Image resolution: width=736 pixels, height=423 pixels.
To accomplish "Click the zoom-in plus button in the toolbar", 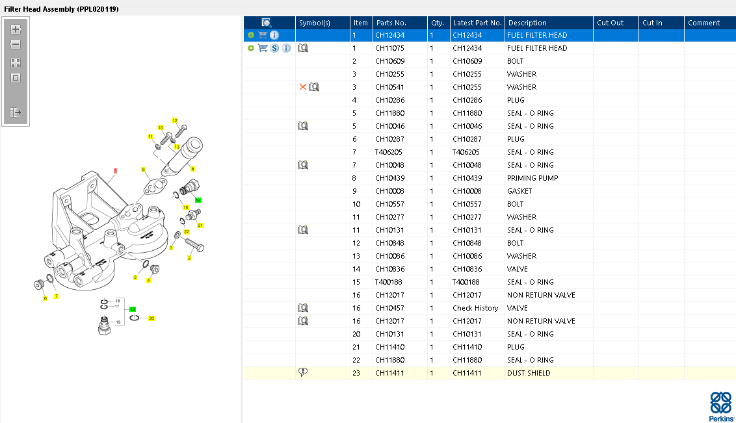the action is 16,29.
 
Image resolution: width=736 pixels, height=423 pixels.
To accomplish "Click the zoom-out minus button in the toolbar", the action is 16,45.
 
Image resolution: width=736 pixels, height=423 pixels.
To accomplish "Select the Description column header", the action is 527,23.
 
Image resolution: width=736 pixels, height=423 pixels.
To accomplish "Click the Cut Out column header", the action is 611,23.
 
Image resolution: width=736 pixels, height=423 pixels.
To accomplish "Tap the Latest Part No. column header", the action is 477,23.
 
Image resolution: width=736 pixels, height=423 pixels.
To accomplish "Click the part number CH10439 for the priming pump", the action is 389,178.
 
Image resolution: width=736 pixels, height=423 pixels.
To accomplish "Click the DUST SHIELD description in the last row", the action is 529,373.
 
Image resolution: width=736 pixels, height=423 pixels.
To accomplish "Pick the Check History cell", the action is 475,308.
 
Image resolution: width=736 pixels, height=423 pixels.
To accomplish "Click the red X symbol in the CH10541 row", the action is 303,87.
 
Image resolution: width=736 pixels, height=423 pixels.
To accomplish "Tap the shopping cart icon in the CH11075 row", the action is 263,48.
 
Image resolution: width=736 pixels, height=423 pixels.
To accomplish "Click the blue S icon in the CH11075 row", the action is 274,48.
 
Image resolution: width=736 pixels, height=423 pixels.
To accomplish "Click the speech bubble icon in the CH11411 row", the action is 303,372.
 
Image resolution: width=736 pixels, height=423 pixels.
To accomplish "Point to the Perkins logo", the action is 721,406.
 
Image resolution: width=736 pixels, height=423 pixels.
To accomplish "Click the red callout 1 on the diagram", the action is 115,171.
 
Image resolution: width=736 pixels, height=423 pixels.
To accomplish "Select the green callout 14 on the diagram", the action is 198,200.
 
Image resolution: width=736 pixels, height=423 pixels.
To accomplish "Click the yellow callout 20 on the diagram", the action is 151,318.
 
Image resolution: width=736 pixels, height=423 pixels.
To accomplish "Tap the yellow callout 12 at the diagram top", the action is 175,120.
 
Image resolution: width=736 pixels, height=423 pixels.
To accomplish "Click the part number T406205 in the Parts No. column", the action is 389,152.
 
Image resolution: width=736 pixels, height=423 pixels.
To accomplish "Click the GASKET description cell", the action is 519,191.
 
